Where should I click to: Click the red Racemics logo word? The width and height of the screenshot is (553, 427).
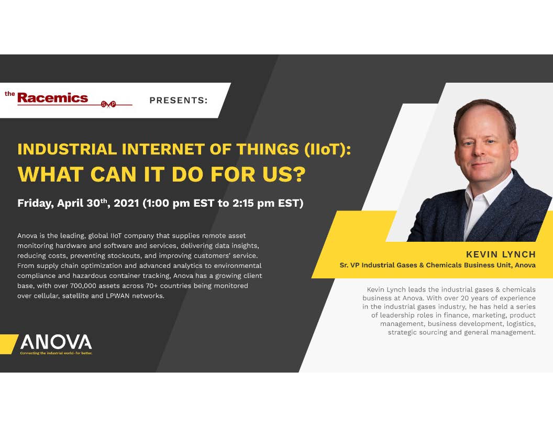coord(52,97)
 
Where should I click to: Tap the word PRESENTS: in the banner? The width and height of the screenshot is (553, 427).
coord(179,100)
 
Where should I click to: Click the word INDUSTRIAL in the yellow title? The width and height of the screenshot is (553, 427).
coord(67,149)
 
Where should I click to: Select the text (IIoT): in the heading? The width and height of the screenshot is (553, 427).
coord(328,149)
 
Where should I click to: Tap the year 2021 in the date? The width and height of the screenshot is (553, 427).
coord(126,203)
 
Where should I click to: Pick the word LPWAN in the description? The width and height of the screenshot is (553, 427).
coord(117,296)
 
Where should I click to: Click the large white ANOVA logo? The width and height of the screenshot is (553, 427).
coord(56,342)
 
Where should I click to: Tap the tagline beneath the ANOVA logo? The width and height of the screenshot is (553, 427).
coord(56,353)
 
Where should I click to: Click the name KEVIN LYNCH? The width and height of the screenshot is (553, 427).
coord(501,254)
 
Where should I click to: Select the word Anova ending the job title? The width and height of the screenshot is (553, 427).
coord(525,265)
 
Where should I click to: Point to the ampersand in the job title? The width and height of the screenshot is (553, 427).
coord(422,265)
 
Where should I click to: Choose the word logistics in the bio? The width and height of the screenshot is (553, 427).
coord(521,324)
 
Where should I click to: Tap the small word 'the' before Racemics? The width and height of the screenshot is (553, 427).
coord(9,94)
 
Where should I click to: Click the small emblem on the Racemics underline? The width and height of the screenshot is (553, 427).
coord(108,104)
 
